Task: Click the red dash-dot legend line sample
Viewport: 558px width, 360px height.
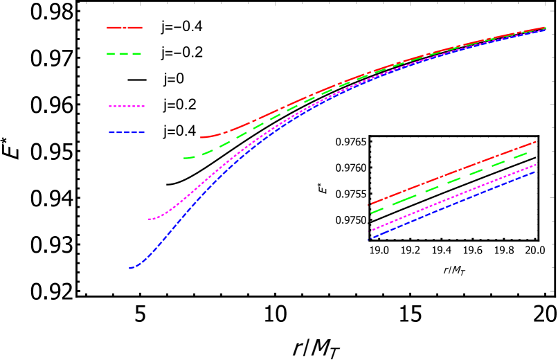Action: tap(125, 28)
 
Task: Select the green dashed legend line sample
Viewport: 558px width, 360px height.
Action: tap(125, 53)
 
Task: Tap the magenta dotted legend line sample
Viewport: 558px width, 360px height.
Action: tap(127, 107)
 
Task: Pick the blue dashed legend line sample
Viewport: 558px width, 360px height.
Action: tap(127, 132)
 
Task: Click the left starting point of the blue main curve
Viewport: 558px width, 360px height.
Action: tap(129, 268)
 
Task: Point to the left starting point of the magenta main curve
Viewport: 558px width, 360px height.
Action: tap(149, 219)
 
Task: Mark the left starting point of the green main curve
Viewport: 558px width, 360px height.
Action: tap(184, 158)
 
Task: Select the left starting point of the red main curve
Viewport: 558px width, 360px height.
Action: tap(201, 137)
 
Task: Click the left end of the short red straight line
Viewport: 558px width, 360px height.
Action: tap(370, 205)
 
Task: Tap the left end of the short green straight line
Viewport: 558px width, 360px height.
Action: tap(370, 213)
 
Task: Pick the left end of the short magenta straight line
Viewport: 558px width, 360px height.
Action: tap(370, 231)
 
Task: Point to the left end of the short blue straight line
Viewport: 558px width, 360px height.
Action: tap(369, 239)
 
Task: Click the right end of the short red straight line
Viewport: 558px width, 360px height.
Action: tap(536, 141)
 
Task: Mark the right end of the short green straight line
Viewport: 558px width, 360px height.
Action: tap(535, 149)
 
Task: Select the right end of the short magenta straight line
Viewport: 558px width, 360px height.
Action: tap(536, 165)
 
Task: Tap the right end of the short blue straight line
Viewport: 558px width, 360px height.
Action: tap(536, 172)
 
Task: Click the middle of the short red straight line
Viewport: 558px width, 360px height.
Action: tap(453, 173)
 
